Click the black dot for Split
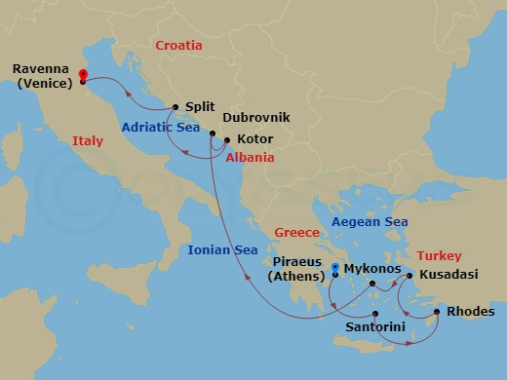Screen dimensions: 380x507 [x=175, y=107]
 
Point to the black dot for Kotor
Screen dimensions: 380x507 [x=226, y=139]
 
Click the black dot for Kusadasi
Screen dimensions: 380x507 [x=409, y=276]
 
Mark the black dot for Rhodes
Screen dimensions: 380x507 [x=437, y=312]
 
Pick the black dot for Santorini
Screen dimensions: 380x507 [x=375, y=313]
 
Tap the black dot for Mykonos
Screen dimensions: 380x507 [x=372, y=285]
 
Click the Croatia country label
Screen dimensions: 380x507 [x=179, y=45]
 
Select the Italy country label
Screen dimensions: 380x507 [x=87, y=141]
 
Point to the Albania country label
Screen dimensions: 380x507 [x=250, y=158]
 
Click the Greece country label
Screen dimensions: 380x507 [x=297, y=233]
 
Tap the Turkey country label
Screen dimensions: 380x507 [x=438, y=255]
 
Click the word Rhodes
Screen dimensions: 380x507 [x=472, y=312]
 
